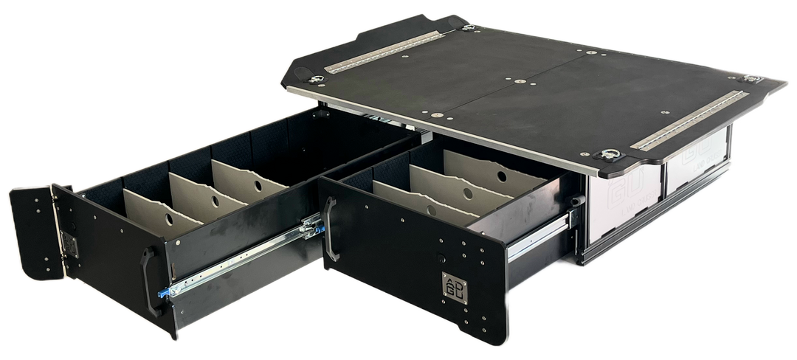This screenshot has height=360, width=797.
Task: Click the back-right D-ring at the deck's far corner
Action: click(752, 79)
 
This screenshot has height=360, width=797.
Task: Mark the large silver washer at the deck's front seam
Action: click(438, 114)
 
